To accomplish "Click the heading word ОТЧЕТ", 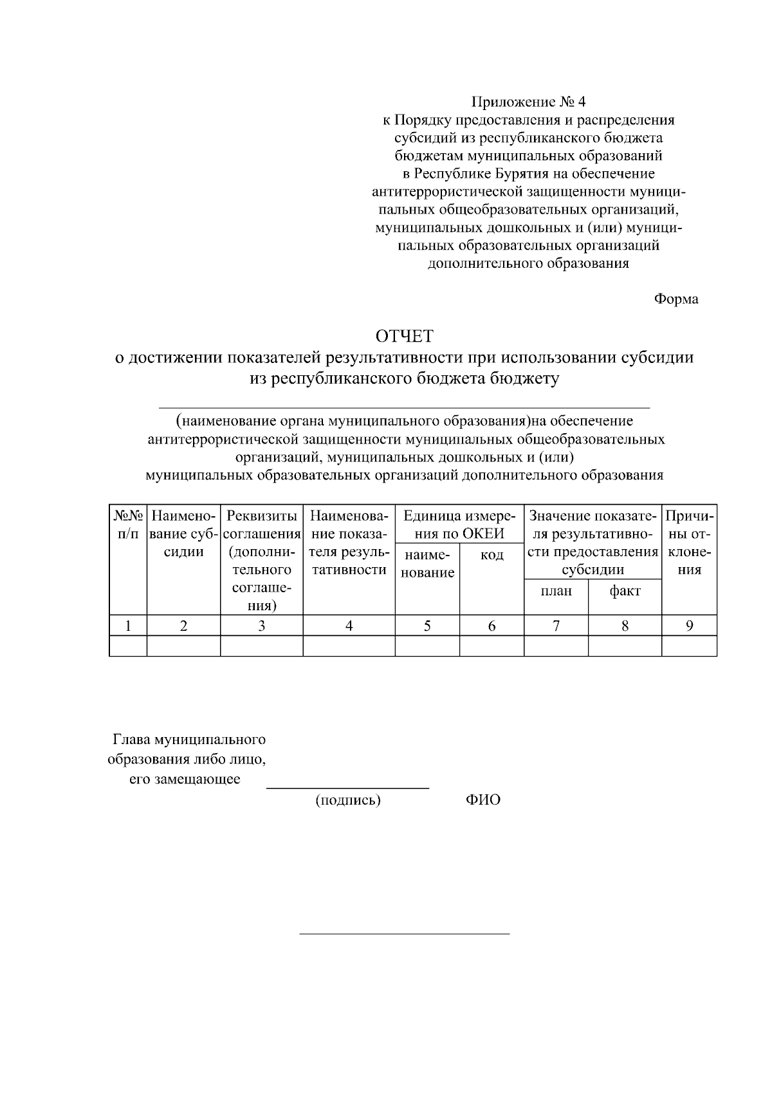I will click(x=405, y=336).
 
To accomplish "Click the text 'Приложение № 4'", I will click(x=529, y=102).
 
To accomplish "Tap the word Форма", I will click(x=676, y=299).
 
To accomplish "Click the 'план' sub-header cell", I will click(x=556, y=591).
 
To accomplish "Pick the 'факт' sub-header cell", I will click(x=625, y=591).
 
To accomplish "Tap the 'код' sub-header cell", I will click(x=492, y=555).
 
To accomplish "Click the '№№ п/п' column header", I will click(x=128, y=525).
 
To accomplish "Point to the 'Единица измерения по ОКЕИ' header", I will click(x=459, y=525).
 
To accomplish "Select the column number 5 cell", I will click(x=427, y=626).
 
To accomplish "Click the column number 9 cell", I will click(x=689, y=626).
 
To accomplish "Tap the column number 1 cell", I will click(x=128, y=626).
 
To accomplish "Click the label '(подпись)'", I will click(x=347, y=800).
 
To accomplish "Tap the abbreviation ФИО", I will click(x=482, y=800).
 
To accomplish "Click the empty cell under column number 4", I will click(x=349, y=646).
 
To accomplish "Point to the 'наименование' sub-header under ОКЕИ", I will click(x=427, y=563).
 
